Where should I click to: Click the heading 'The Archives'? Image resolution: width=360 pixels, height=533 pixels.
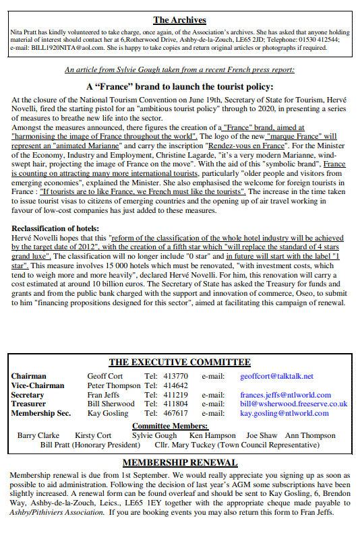pos(179,20)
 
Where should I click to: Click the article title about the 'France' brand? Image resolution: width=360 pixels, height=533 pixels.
pos(179,86)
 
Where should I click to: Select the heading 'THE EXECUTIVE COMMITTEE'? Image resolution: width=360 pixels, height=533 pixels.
pos(179,363)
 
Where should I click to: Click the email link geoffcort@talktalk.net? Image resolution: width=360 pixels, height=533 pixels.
pos(276,376)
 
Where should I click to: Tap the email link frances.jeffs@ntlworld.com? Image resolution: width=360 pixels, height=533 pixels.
pos(285,395)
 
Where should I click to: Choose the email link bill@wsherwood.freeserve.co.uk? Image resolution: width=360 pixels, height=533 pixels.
pos(293,404)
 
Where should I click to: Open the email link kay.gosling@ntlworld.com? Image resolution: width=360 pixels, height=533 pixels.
pos(284,413)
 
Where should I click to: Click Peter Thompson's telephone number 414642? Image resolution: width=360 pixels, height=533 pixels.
pos(177,385)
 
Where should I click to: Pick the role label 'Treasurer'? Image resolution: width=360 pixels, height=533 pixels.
pos(29,404)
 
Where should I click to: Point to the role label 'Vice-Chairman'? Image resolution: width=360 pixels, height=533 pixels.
pos(38,385)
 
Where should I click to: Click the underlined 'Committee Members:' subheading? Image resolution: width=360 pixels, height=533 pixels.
pos(170,426)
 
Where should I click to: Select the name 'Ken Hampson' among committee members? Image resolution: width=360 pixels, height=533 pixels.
pos(212,436)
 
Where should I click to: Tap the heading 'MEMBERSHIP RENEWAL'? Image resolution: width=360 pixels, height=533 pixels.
pos(179,462)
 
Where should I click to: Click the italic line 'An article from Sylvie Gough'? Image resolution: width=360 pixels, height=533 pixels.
pos(179,69)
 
